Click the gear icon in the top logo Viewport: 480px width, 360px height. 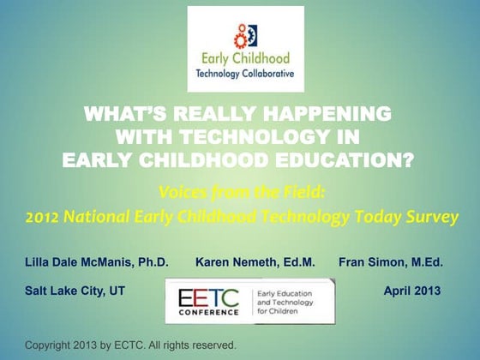243,36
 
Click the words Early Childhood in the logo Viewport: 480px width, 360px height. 245,59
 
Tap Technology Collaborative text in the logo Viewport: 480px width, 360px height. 245,75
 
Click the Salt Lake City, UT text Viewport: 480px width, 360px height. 75,291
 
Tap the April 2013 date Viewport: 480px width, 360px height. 411,291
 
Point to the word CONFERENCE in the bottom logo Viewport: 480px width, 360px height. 209,314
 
